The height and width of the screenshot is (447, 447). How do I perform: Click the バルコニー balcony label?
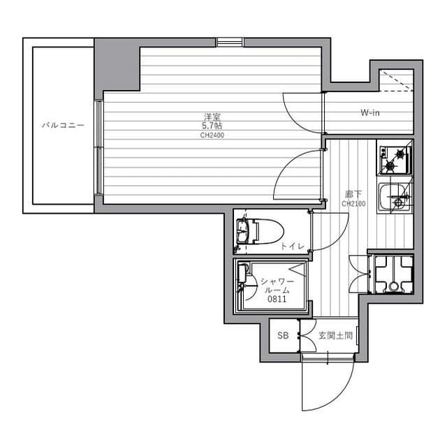(63, 126)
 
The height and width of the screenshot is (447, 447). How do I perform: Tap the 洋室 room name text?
(212, 117)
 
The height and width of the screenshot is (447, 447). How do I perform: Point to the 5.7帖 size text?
(212, 126)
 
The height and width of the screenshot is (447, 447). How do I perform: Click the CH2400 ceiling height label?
(212, 135)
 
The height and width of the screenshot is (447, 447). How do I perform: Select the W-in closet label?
(370, 112)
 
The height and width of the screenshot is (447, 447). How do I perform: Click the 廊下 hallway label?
(352, 194)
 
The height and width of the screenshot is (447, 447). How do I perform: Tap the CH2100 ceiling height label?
(353, 204)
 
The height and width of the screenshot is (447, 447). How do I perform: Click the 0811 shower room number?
(273, 299)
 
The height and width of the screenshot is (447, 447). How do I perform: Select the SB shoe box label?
(282, 336)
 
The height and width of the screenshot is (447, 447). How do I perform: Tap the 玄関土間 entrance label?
(335, 336)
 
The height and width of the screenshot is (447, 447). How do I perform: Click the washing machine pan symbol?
(393, 274)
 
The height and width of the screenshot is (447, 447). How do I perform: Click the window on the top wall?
(229, 42)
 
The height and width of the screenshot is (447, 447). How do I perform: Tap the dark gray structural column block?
(117, 65)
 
